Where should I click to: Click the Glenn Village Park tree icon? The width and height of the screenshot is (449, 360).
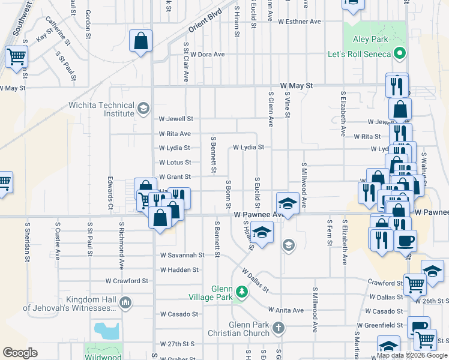point(241,292)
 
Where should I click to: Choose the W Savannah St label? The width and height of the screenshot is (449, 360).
point(182,255)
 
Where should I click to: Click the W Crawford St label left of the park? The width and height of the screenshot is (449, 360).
point(127,281)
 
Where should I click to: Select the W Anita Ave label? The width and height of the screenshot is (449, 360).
point(286,310)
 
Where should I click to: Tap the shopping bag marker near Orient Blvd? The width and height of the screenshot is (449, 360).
point(140,42)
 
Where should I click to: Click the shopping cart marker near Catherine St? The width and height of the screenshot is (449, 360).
point(16,57)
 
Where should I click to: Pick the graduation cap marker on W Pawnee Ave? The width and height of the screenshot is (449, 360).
point(288,203)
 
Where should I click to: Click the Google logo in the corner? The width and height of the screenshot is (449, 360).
point(20,352)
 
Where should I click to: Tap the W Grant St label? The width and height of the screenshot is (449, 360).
point(175,177)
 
